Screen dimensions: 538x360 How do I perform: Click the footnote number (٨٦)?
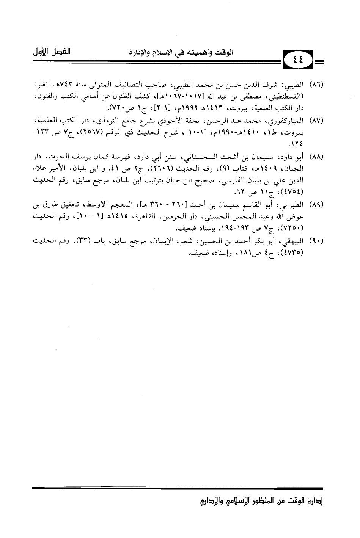pyautogui.click(x=318, y=83)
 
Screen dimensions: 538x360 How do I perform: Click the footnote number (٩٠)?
pyautogui.click(x=318, y=242)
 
